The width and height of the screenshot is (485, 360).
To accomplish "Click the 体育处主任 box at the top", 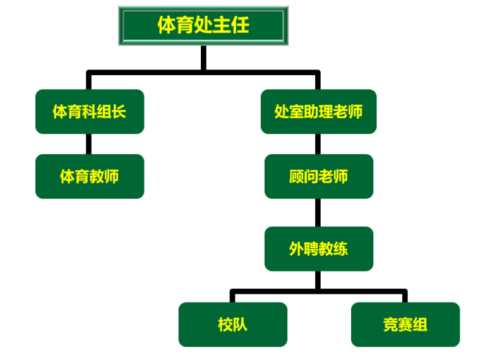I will pos(203,25).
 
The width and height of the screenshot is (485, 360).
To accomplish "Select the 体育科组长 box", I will pos(90,112).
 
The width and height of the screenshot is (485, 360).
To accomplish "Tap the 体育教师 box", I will pos(90,176).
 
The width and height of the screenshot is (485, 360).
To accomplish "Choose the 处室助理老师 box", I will pos(318,112).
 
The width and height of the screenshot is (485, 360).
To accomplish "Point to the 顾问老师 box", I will pos(318,176).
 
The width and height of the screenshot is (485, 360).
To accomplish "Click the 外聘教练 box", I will pos(318,249).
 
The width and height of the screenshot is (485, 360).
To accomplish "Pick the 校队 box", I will pos(232,325).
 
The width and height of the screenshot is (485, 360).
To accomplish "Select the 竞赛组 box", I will pos(405,325).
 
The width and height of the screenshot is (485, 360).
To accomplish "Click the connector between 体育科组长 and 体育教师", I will pos(89,144).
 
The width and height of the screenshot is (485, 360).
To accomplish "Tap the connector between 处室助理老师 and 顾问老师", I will pos(318,144).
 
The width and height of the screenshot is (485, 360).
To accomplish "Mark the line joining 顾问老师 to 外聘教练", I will pos(318,213).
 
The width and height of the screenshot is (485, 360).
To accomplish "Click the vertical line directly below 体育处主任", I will pos(203,58).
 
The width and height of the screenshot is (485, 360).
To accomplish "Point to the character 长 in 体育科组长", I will pos(119,112).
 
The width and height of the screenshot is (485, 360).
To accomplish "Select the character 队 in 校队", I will pos(240,325).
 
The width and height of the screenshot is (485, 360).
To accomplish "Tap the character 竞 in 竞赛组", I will pos(390,325).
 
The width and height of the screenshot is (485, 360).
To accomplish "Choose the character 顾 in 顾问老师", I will pos(296,176).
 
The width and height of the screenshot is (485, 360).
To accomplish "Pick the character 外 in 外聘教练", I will pos(296,249).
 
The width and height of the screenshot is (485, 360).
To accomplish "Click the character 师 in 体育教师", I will pos(112,176).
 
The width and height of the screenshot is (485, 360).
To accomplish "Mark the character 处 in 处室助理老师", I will pos(282,112).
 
